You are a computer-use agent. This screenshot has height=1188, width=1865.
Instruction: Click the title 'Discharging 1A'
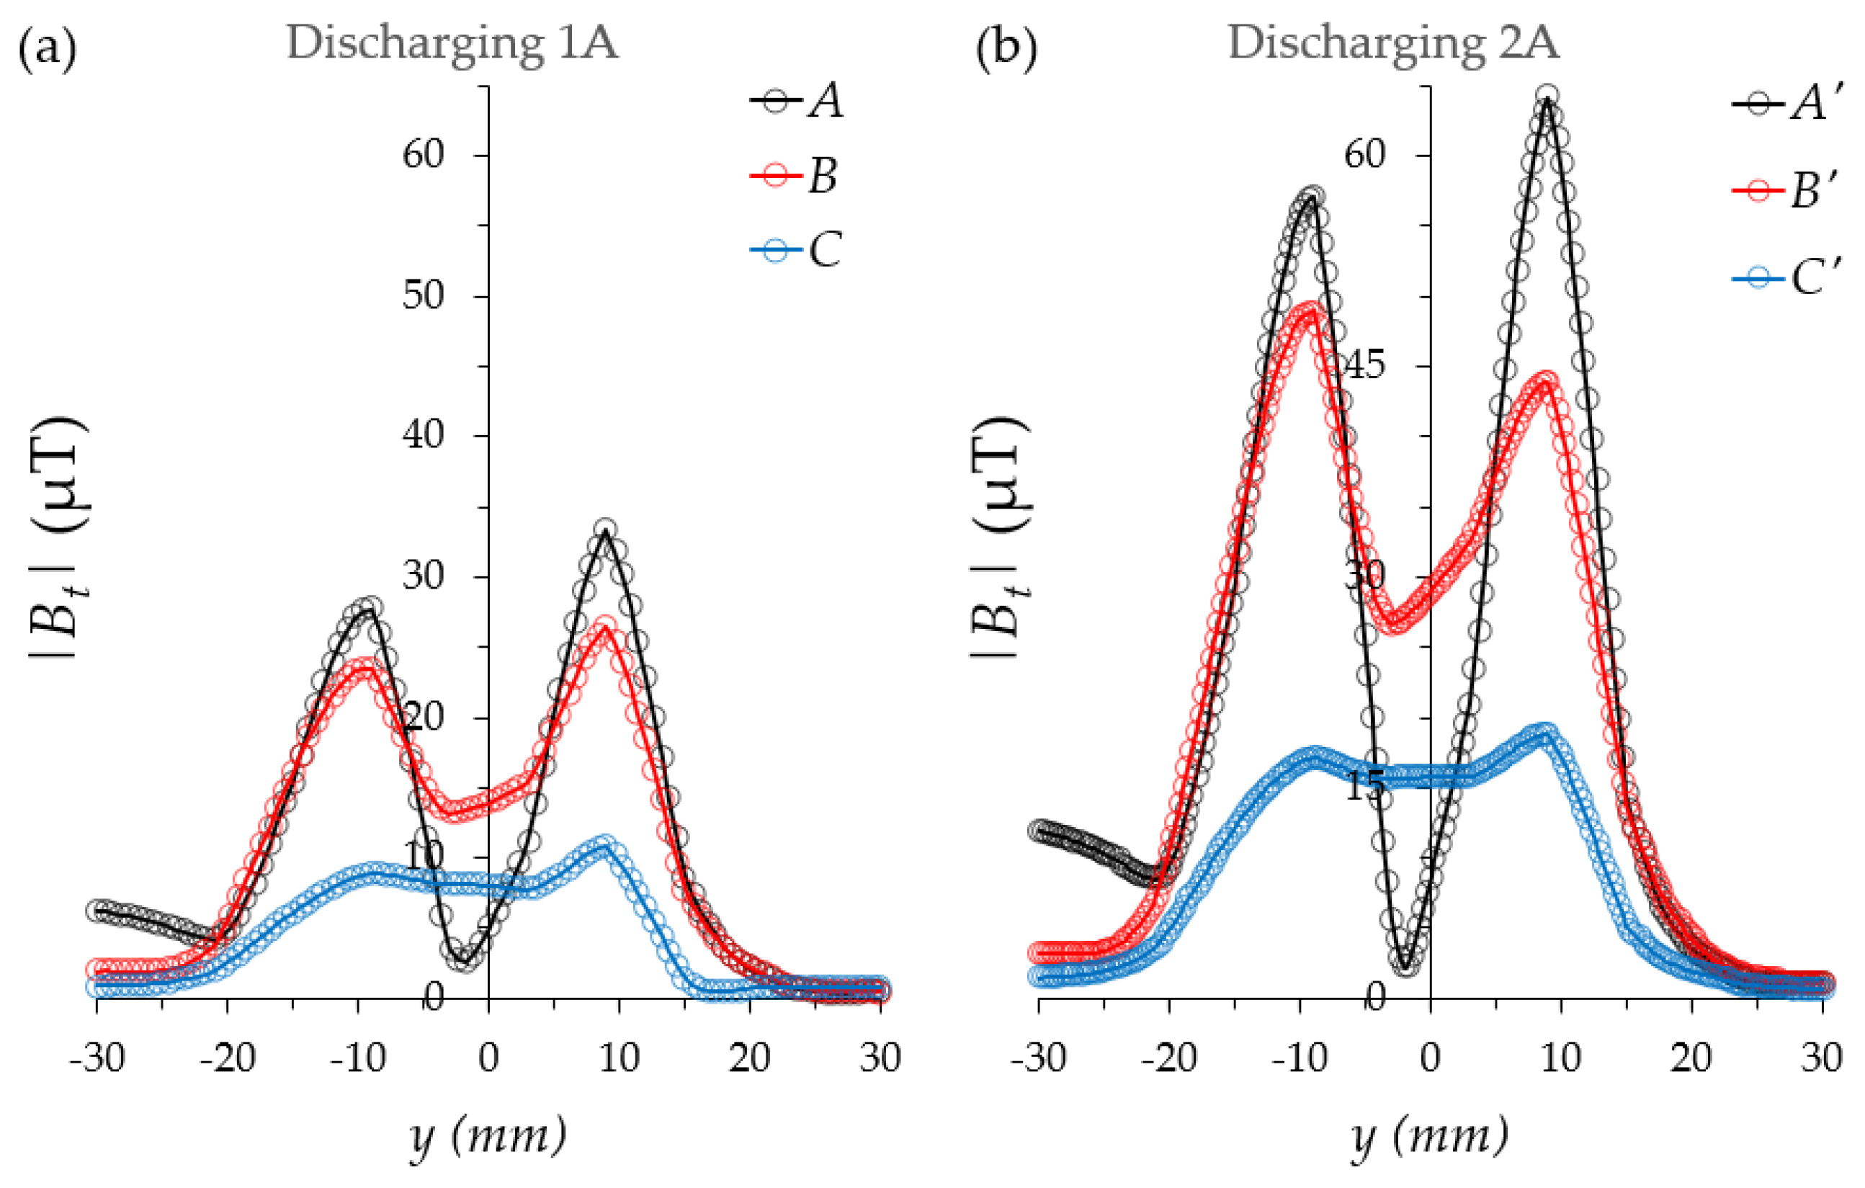click(452, 43)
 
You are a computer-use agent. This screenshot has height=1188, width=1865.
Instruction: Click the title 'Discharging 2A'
click(1393, 43)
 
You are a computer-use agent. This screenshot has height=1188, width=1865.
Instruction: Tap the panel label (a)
click(48, 48)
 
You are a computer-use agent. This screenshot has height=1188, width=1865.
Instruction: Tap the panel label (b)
click(1006, 48)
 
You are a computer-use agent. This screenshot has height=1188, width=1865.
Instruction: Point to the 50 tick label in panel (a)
click(423, 296)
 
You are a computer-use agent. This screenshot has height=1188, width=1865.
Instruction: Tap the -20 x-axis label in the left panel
click(227, 1058)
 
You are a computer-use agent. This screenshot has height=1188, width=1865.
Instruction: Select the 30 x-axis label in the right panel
click(1821, 1058)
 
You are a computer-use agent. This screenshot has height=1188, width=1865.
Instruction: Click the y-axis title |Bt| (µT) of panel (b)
click(1001, 538)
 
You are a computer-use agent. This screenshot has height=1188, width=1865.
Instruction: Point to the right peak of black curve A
click(606, 531)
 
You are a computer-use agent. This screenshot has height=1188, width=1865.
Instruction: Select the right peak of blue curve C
click(605, 845)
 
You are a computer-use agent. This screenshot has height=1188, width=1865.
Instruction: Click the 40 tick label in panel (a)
click(423, 436)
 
